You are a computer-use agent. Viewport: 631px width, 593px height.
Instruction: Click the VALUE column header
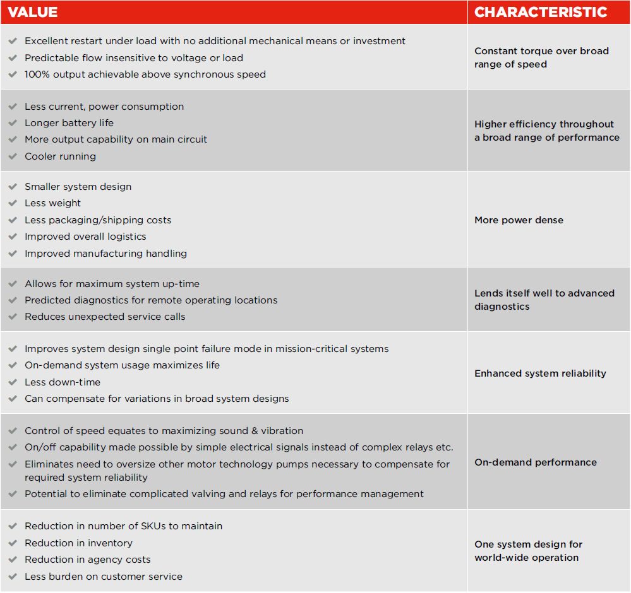tap(33, 12)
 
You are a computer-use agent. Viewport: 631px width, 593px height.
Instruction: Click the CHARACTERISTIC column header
tap(541, 12)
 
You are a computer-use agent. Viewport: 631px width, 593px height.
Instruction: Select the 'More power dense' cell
tap(519, 220)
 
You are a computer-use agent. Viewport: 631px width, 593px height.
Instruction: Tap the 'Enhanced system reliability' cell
tap(540, 373)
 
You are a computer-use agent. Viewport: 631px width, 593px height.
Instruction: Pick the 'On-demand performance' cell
tap(536, 462)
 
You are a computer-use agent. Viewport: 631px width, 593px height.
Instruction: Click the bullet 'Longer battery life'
tap(69, 123)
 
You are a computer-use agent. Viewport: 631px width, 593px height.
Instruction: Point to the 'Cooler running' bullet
tap(61, 156)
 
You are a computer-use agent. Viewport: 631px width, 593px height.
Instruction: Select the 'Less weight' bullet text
tap(53, 203)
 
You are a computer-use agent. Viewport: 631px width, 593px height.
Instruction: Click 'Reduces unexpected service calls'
tap(105, 317)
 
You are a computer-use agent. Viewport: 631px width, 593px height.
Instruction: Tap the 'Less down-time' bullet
tap(63, 382)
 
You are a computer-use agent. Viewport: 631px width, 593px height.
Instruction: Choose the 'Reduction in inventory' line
tap(78, 543)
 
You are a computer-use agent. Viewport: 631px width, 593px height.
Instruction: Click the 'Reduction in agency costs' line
tap(88, 560)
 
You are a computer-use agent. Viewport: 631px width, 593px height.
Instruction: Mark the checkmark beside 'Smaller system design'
tap(13, 187)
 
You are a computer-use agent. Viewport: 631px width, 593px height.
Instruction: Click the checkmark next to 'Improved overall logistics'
tap(13, 237)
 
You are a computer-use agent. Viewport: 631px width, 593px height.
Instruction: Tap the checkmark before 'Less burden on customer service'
tap(13, 577)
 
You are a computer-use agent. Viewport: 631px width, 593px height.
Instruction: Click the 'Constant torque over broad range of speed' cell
tap(541, 57)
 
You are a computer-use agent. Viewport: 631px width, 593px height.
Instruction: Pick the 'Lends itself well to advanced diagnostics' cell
tap(544, 300)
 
